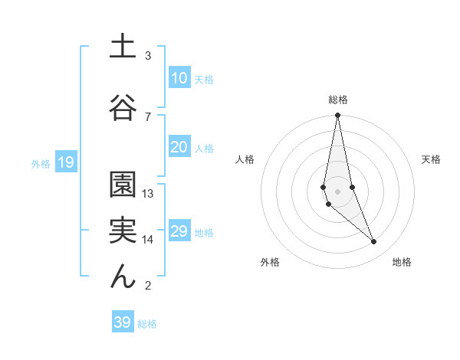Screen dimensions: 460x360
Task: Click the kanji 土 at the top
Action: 123,47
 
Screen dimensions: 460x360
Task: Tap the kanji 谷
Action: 123,106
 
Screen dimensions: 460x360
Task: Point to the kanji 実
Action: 123,230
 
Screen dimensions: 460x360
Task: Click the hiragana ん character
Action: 123,276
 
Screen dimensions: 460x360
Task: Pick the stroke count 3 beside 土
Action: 148,56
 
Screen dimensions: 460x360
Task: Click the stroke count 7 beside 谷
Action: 148,116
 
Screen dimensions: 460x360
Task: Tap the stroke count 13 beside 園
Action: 148,194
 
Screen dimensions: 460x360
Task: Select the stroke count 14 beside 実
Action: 148,240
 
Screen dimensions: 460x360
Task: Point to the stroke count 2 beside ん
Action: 148,286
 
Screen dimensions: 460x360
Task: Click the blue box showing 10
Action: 179,78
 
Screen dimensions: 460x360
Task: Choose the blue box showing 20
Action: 179,148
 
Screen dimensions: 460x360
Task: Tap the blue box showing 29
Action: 179,231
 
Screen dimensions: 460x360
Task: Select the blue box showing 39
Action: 122,322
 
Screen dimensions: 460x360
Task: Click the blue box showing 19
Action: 65,162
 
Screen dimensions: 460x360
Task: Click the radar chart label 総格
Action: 337,100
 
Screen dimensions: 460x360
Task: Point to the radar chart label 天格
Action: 432,159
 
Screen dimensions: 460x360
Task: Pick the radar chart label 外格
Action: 270,262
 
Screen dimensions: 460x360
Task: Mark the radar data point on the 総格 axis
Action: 337,116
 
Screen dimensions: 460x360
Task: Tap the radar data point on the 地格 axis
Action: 373,242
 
